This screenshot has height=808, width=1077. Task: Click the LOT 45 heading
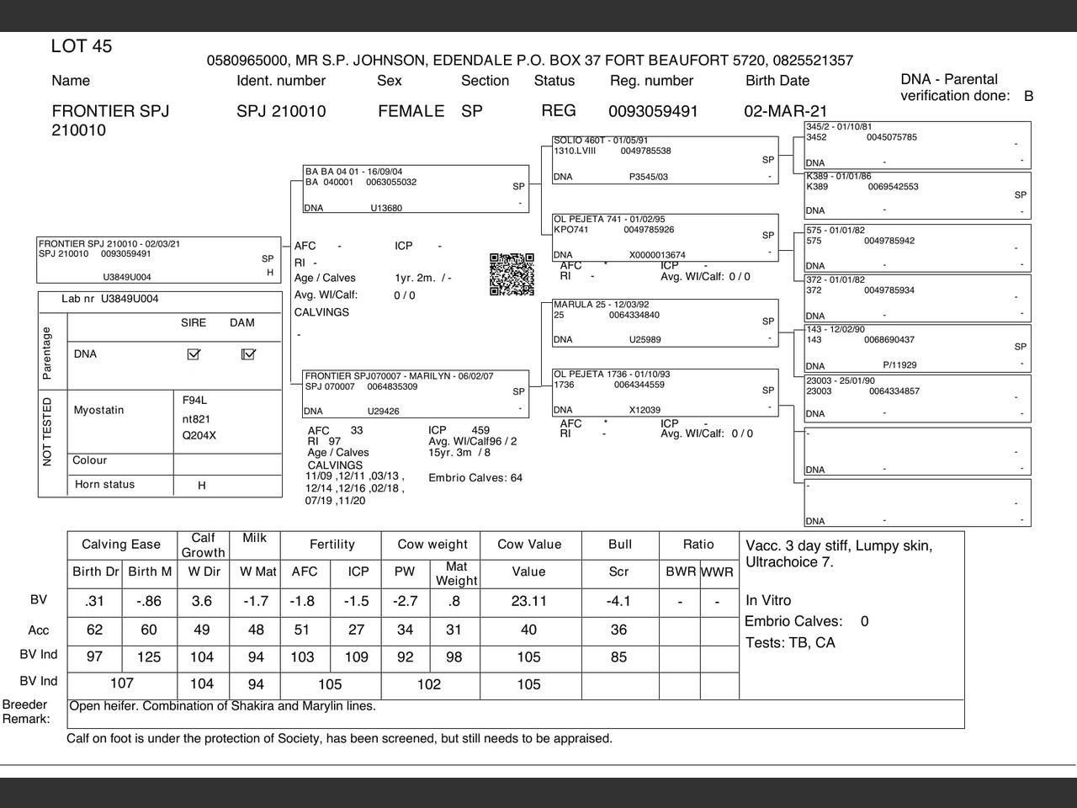pos(81,46)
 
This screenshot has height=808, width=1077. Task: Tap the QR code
pos(512,274)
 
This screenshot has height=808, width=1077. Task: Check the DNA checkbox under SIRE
pos(194,354)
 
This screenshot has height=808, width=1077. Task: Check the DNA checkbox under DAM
pos(247,354)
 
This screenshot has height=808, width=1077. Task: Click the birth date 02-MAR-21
pos(785,111)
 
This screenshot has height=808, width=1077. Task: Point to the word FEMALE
pos(411,111)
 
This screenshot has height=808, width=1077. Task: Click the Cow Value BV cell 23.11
pos(528,601)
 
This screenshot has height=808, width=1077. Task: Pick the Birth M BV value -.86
pos(147,601)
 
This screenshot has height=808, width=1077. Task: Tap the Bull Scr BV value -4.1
pos(618,601)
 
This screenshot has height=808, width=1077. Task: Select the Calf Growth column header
pos(203,545)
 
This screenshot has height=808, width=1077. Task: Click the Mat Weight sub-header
pos(456,573)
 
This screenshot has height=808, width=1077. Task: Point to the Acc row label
pos(39,630)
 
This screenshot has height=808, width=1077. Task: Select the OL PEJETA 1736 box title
pos(611,374)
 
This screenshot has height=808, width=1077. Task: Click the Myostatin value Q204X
pos(199,436)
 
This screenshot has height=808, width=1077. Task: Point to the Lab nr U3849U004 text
pos(109,299)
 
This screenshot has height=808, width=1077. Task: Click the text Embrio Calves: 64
pos(475,478)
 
